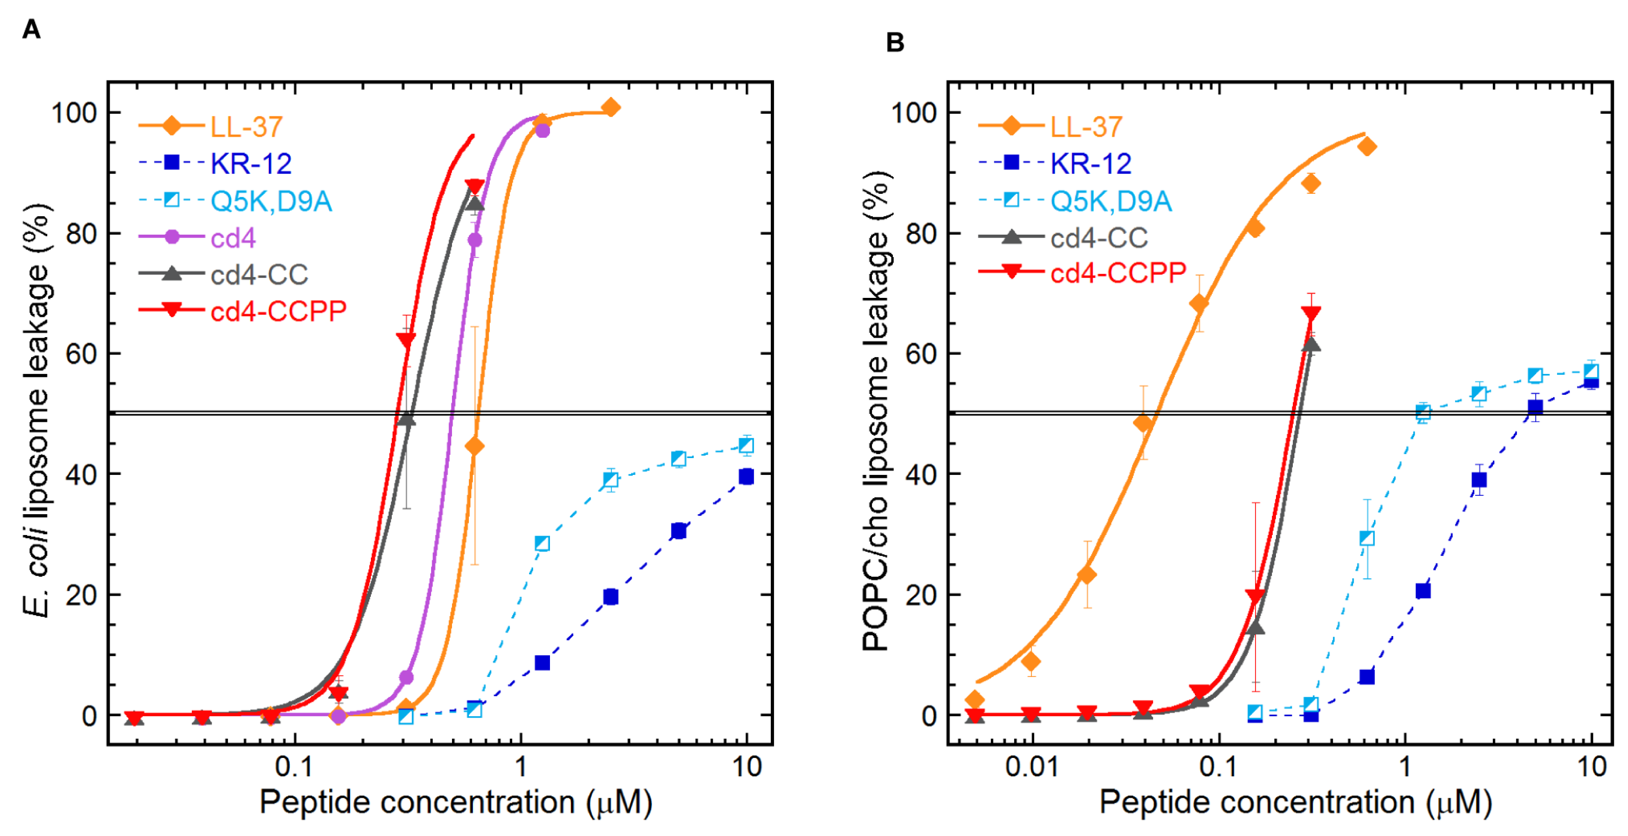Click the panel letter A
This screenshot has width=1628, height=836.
[31, 30]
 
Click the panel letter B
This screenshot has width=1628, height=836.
[894, 43]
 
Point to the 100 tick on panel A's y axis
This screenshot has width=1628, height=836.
[74, 114]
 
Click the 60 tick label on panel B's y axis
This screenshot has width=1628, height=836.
[921, 354]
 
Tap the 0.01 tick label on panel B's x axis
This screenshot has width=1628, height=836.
[1032, 767]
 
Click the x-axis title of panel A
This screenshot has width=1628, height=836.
[456, 802]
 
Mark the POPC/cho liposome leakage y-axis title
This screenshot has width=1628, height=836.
[876, 411]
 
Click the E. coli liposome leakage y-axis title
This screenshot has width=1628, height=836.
[37, 411]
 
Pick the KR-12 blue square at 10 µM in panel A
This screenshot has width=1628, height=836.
[746, 476]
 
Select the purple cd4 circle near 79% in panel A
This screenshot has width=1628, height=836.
[474, 240]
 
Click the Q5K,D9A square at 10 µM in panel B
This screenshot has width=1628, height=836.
[1591, 371]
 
